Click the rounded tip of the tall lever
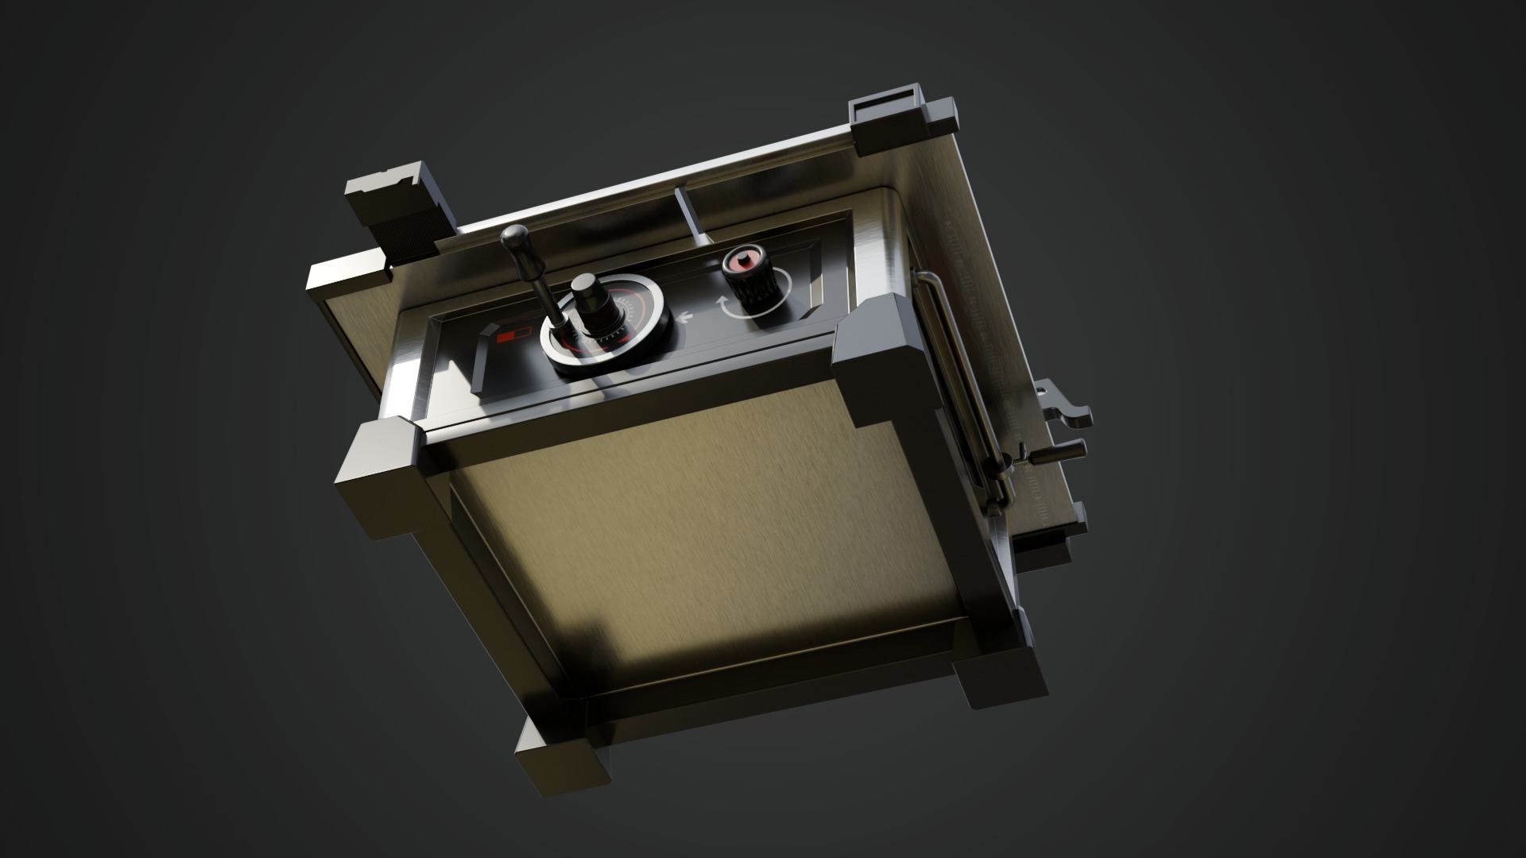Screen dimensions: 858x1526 [x=515, y=236]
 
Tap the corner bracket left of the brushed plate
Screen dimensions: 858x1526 [x=381, y=477]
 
